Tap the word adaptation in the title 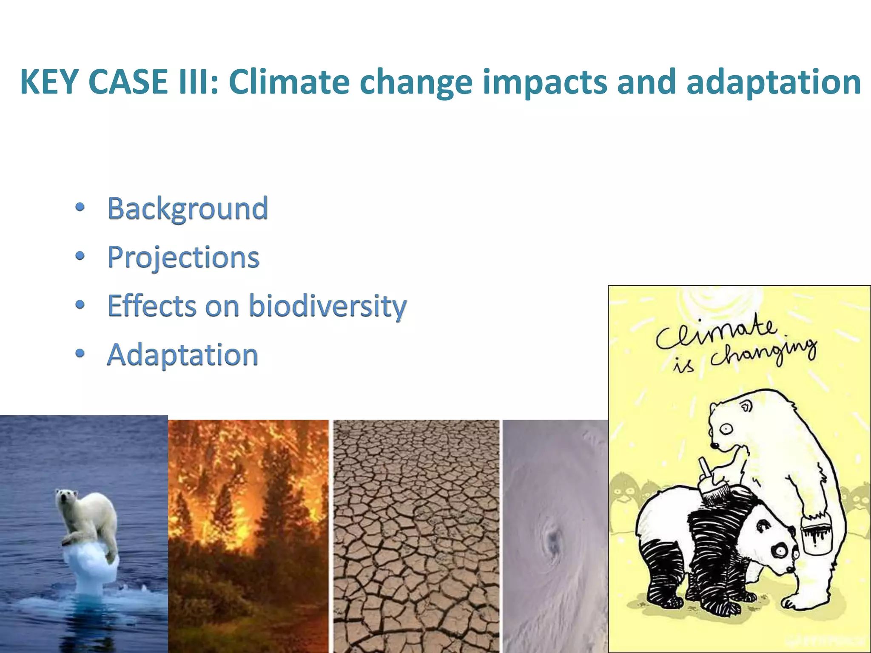pos(774,82)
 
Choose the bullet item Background pos(188,208)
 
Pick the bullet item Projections pos(183,257)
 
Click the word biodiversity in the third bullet pos(327,306)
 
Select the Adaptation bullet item pos(182,355)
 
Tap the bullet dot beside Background pos(80,207)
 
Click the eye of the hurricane pos(553,540)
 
